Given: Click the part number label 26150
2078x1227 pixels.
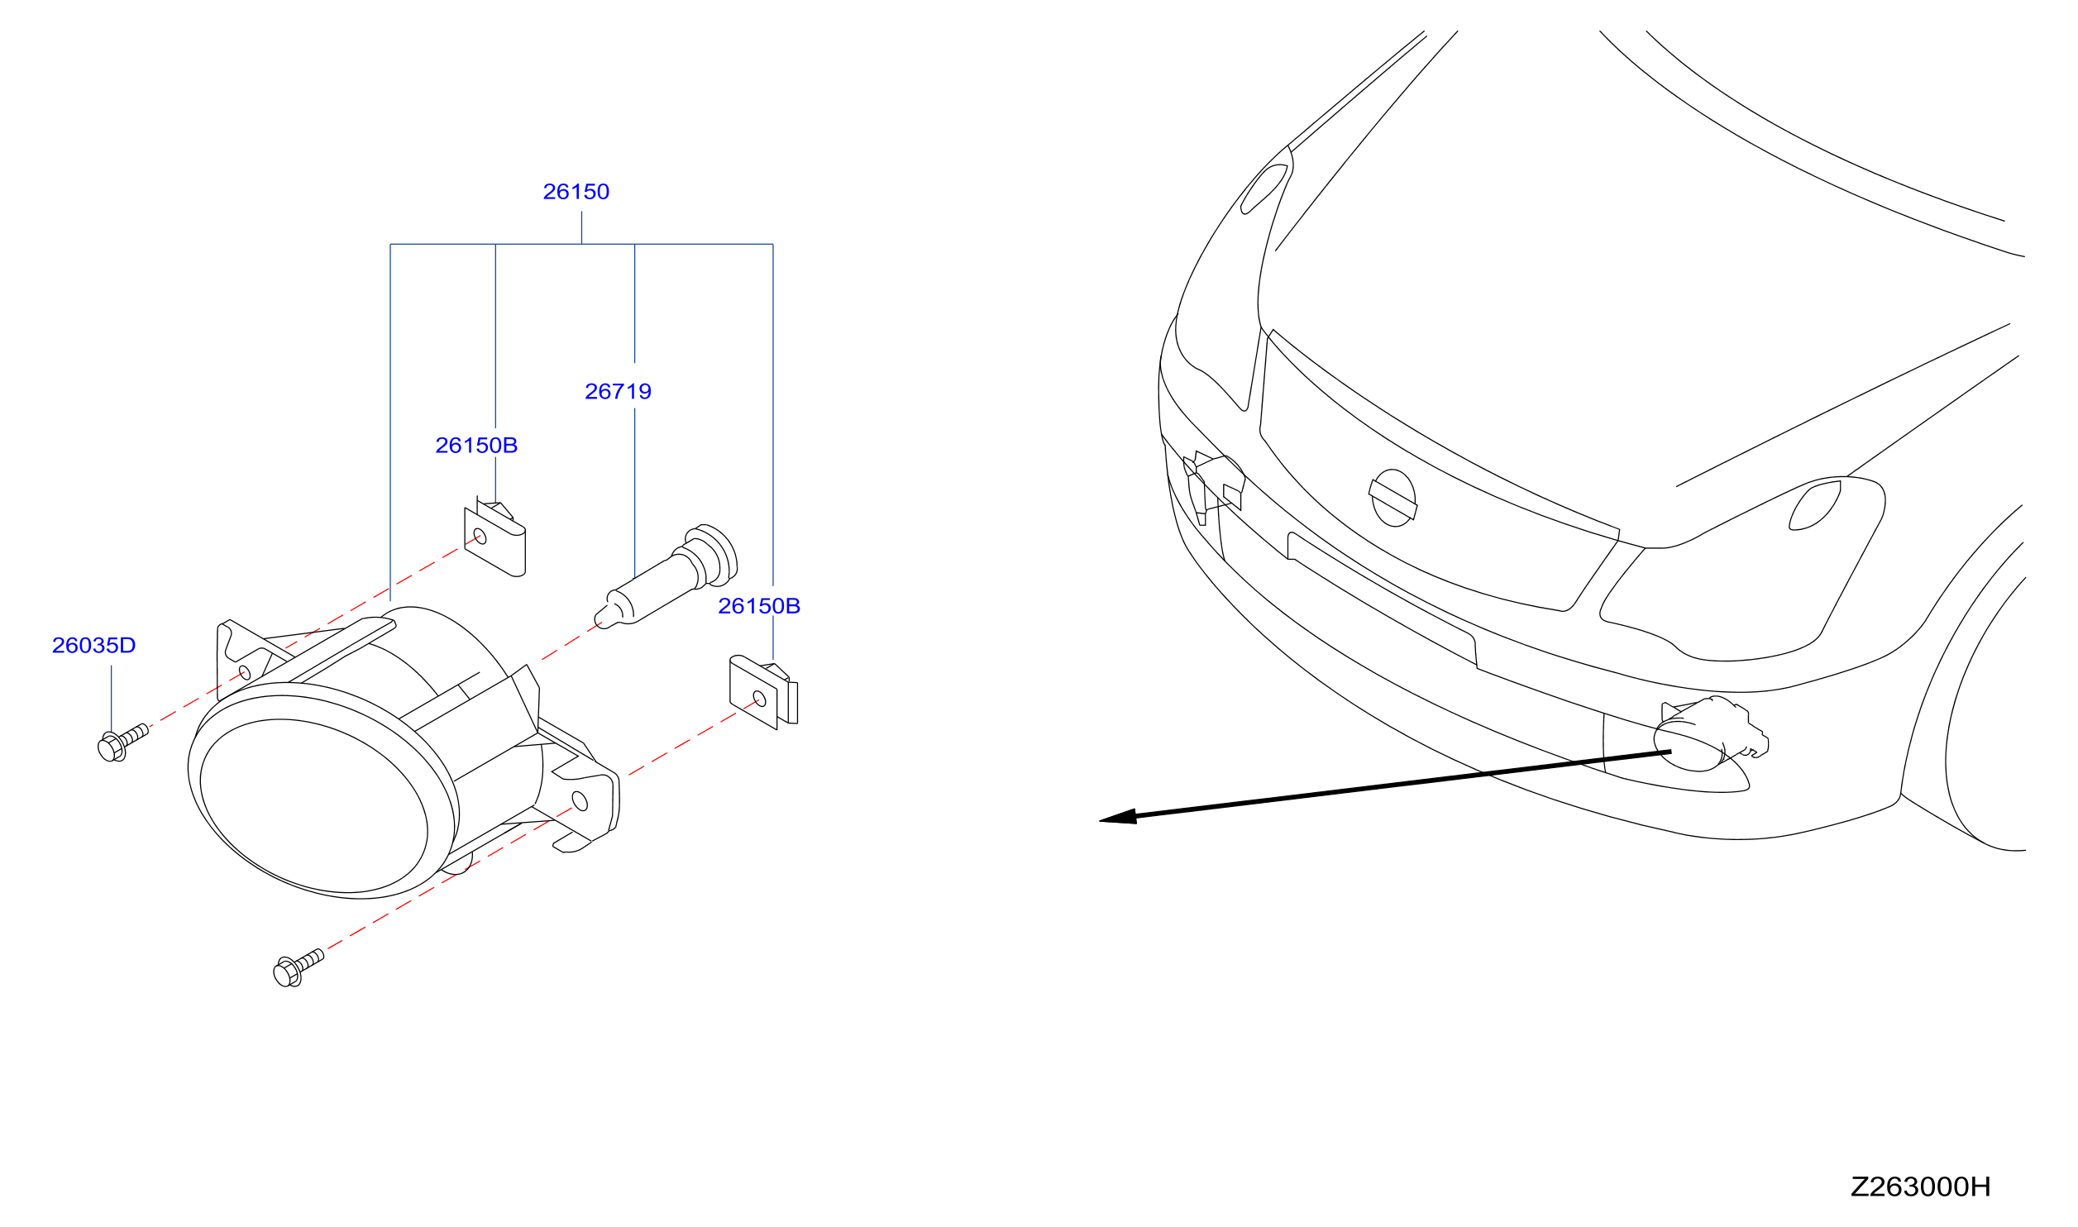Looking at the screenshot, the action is (x=576, y=192).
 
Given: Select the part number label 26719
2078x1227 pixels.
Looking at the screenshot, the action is (x=618, y=392).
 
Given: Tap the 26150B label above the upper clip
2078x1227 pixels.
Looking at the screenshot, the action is (x=476, y=446).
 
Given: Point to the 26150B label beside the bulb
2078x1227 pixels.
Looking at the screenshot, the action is (x=759, y=606).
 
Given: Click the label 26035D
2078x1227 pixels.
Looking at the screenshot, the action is (x=93, y=646).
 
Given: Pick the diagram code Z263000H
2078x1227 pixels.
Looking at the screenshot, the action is (x=1920, y=1187).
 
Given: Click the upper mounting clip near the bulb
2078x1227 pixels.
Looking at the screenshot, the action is (x=495, y=538).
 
